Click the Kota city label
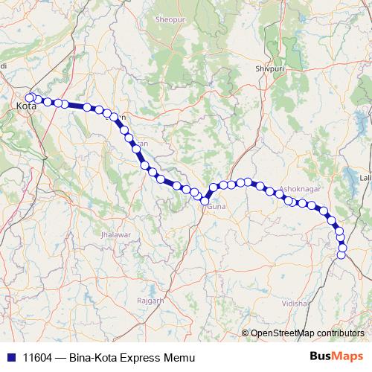coord(26,108)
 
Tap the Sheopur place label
coord(169,19)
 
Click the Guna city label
coord(216,205)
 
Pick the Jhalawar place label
coord(115,234)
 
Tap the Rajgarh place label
coord(150,300)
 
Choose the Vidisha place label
coord(295,304)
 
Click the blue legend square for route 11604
coord(10,357)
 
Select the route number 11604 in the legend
coord(38,357)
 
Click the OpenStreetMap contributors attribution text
coord(307,333)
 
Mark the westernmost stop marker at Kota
coord(30,97)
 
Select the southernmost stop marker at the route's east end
coord(341,255)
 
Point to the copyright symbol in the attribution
coord(245,333)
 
